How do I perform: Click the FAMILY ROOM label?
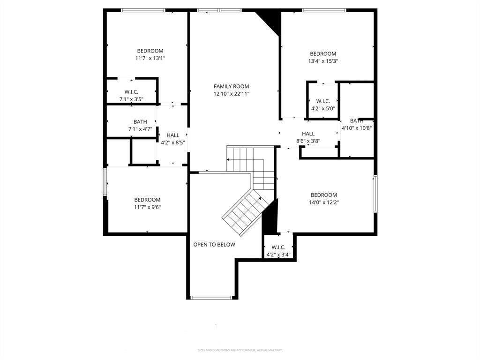tap(231, 86)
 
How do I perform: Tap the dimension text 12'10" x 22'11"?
tap(231, 94)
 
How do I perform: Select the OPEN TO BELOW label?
tap(214, 245)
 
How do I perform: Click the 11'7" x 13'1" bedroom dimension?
tap(150, 59)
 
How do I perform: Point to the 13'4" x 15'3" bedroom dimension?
tap(323, 61)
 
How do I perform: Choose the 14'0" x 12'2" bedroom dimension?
tap(323, 202)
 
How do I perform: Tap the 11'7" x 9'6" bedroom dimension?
tap(147, 207)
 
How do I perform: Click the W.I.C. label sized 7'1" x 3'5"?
tap(131, 92)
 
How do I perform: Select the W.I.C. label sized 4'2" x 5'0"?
tap(323, 101)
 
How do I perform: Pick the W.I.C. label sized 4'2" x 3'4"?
tap(278, 247)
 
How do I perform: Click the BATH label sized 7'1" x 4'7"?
tap(140, 122)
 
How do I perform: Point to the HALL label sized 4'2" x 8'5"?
tap(173, 135)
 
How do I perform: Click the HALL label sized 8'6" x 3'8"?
tap(308, 134)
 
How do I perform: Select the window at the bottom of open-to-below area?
tap(211, 297)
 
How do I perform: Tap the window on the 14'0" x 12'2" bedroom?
tap(375, 194)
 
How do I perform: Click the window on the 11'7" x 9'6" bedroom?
tap(105, 182)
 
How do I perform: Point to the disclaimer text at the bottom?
tap(240, 350)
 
